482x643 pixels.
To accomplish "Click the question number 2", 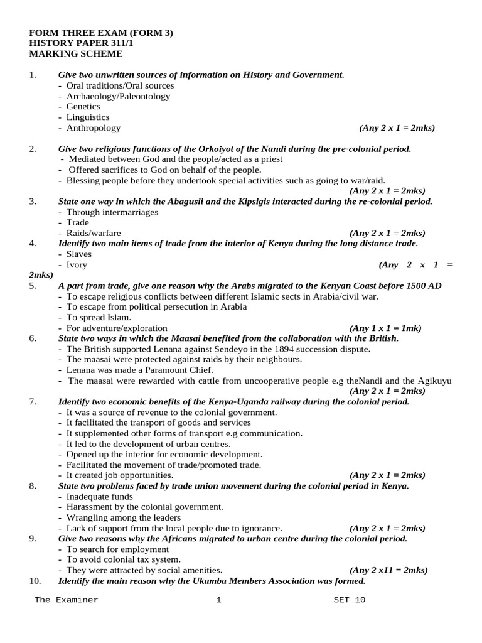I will [x=33, y=149].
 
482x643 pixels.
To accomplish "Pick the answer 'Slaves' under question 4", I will [x=78, y=254].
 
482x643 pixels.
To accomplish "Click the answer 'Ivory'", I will [x=77, y=265].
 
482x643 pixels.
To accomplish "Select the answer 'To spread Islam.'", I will [x=99, y=318].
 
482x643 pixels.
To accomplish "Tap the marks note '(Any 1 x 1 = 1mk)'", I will [x=385, y=328].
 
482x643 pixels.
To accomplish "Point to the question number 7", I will [x=33, y=402].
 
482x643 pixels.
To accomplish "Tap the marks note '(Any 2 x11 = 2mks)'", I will [x=389, y=571].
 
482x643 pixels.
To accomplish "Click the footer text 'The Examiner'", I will [x=67, y=600].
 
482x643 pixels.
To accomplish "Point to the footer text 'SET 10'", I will [x=349, y=600].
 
